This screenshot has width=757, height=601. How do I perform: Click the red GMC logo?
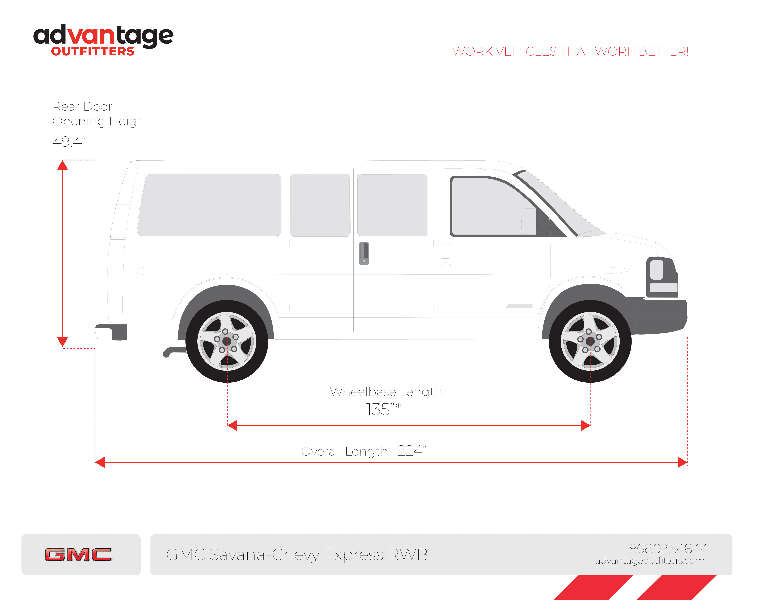pyautogui.click(x=78, y=555)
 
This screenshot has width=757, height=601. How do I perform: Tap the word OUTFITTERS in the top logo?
pyautogui.click(x=93, y=52)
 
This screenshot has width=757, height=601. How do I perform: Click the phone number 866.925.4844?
pyautogui.click(x=668, y=548)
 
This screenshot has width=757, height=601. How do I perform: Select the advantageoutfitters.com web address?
pyautogui.click(x=650, y=561)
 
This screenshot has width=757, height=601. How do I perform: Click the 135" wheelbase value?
pyautogui.click(x=383, y=409)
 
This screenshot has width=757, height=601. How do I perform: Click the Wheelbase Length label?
pyautogui.click(x=385, y=392)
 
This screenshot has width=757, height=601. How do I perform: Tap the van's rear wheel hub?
pyautogui.click(x=227, y=341)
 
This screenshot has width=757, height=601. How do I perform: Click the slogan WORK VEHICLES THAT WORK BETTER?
pyautogui.click(x=570, y=52)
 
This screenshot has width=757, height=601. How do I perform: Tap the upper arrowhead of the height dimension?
pyautogui.click(x=62, y=165)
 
